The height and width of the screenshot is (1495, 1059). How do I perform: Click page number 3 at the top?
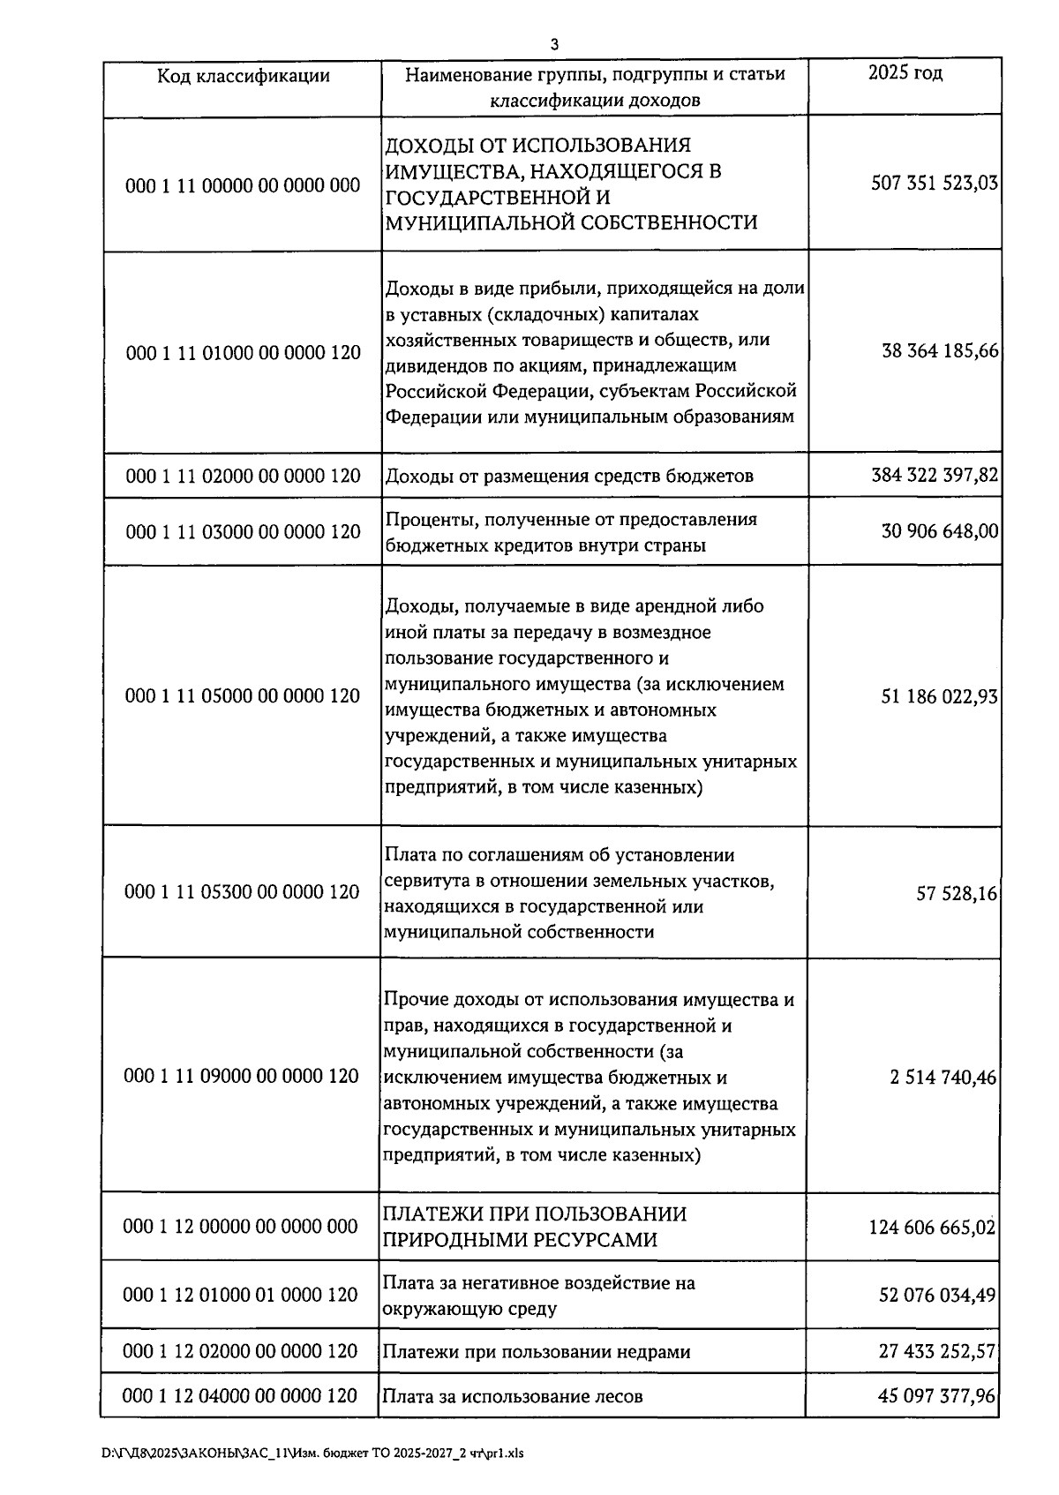[553, 44]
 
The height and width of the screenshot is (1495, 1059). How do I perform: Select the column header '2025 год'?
[905, 73]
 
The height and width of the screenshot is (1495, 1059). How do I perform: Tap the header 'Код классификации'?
[244, 76]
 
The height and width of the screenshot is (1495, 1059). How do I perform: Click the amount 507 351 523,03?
[935, 184]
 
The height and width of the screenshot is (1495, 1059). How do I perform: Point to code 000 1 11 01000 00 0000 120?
[244, 353]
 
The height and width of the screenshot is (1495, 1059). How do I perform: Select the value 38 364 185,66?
[940, 351]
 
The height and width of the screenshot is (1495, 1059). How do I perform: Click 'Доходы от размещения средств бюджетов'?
[569, 477]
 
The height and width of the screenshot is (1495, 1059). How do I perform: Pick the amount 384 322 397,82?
[935, 476]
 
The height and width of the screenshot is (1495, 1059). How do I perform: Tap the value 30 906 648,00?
[940, 531]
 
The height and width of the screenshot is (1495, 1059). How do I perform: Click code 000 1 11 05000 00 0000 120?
[243, 696]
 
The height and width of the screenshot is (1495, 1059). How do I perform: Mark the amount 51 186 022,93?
[939, 697]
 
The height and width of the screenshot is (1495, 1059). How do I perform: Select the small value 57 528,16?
[957, 893]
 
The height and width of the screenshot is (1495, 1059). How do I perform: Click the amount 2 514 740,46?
[943, 1078]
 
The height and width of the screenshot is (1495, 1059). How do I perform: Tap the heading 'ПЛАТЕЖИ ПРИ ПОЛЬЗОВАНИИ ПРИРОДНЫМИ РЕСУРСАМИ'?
[535, 1227]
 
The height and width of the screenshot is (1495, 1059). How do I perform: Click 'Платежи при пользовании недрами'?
[537, 1352]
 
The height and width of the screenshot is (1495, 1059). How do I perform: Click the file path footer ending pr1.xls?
[312, 1454]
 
